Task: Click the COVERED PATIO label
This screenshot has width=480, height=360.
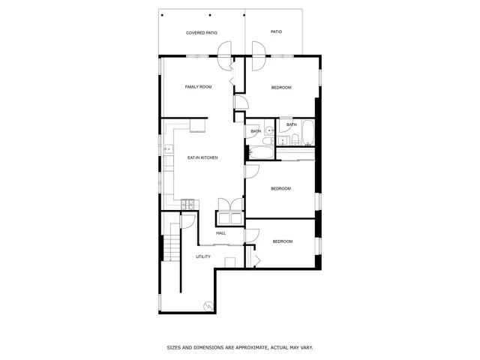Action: point(201,33)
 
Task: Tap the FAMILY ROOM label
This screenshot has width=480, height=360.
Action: point(198,87)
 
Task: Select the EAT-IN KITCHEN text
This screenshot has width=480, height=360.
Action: point(202,157)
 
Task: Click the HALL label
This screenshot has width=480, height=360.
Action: point(221,233)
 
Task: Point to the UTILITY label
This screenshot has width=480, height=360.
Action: point(203,256)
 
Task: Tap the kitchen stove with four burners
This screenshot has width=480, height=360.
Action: point(187,203)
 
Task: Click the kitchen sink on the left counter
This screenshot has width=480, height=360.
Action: point(168,149)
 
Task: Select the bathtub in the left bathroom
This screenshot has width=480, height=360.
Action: point(261,154)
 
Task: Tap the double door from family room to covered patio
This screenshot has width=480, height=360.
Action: point(223,52)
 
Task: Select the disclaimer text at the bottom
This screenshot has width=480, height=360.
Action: point(240,347)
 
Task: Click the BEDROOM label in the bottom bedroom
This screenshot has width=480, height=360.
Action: point(282,241)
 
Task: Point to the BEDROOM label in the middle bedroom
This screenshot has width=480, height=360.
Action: point(280,188)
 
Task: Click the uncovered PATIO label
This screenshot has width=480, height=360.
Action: point(276,32)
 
